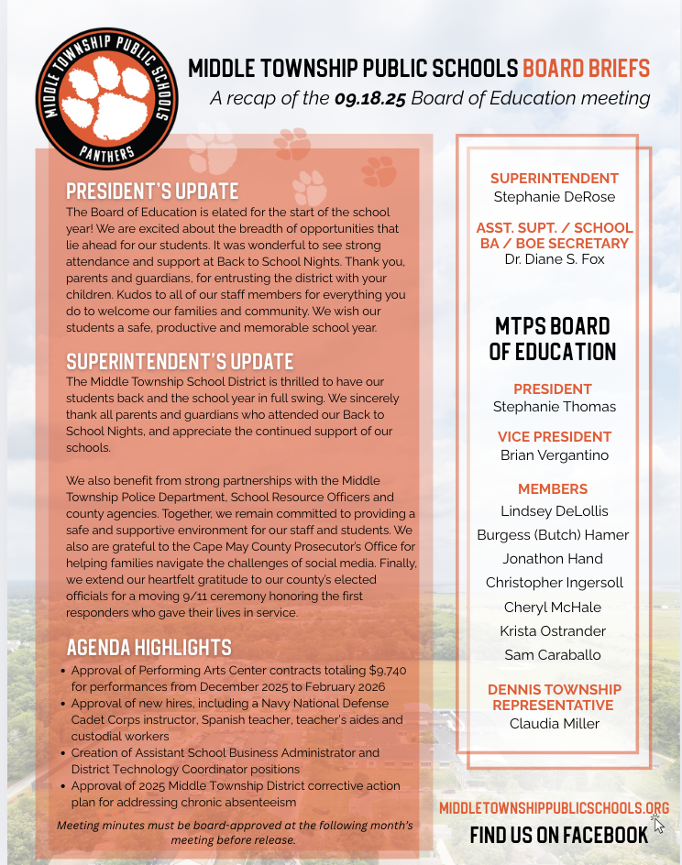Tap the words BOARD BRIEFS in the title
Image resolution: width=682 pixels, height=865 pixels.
click(x=586, y=69)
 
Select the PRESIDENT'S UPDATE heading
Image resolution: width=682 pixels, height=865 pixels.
click(x=152, y=192)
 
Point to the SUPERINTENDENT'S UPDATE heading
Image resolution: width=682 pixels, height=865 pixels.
click(x=180, y=360)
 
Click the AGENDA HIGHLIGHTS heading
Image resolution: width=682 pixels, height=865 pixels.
click(x=148, y=648)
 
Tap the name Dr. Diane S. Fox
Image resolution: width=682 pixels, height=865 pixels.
click(x=555, y=259)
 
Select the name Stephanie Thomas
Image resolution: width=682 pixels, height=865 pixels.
click(x=555, y=406)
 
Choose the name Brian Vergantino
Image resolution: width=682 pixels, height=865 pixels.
click(x=555, y=454)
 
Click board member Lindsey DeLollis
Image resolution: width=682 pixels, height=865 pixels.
click(x=555, y=510)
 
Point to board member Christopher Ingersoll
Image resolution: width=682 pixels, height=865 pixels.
click(x=555, y=582)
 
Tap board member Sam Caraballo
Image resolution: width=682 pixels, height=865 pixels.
click(x=555, y=654)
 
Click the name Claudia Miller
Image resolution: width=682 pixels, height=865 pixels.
click(x=555, y=723)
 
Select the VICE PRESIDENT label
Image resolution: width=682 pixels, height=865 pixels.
click(x=555, y=437)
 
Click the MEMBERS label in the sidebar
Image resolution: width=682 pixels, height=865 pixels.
click(x=553, y=489)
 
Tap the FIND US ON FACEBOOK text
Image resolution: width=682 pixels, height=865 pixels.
click(x=558, y=834)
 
